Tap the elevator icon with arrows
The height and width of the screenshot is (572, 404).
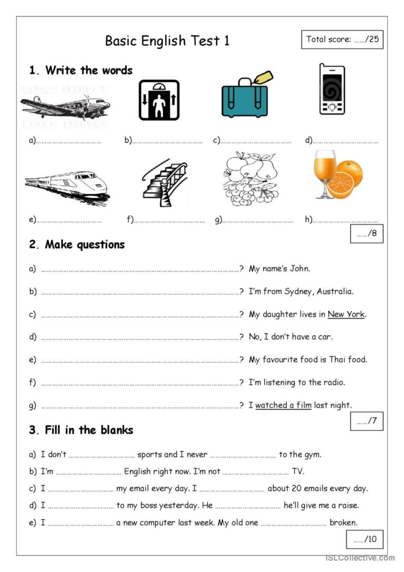point(158,100)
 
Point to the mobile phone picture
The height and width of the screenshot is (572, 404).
point(332,89)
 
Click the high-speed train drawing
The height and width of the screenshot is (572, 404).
point(67,186)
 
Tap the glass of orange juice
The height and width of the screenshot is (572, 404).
point(324,174)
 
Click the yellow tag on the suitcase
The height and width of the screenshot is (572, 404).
point(263,77)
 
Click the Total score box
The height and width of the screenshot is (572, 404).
point(342,40)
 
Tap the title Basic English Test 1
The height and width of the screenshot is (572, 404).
point(167,41)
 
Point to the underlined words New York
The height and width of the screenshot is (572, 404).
point(346,314)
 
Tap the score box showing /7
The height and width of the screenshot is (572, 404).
point(367,421)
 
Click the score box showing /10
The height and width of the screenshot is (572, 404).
point(364,539)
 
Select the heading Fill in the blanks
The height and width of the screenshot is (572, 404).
point(81,430)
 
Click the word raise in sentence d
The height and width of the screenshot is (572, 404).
point(347,505)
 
